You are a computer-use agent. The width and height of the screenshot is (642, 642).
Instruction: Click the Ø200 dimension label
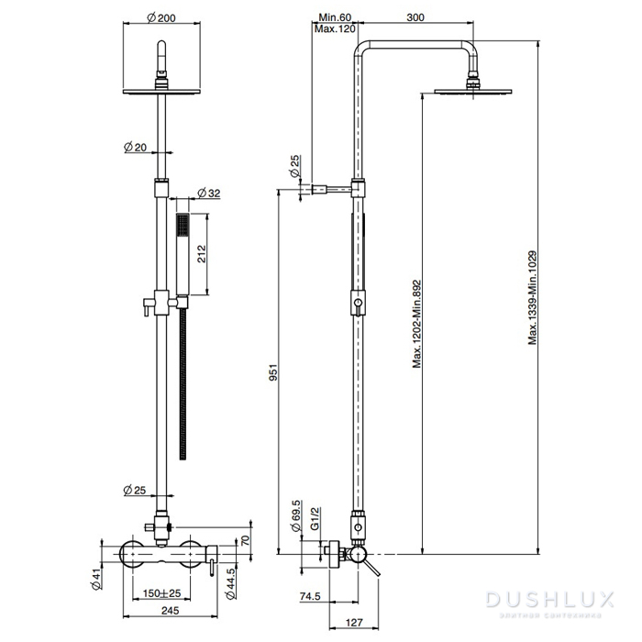pos(163,19)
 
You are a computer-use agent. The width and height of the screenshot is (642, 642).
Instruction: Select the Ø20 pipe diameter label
pos(136,146)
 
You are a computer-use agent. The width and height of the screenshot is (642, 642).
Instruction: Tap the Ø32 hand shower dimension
pos(209,194)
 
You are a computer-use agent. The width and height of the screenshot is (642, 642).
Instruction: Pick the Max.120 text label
pos(335,29)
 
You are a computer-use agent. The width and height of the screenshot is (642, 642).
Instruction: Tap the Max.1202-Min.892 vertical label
pos(416,324)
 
